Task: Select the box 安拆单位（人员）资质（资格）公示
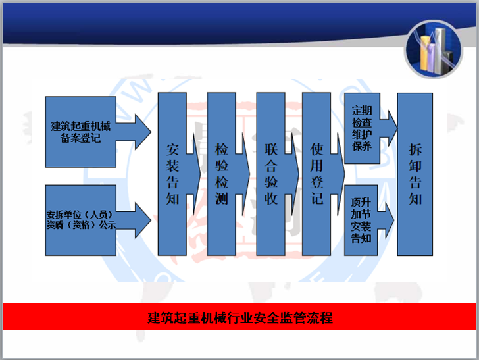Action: pyautogui.click(x=80, y=220)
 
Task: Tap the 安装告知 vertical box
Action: pyautogui.click(x=172, y=174)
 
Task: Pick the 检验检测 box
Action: pyautogui.click(x=221, y=174)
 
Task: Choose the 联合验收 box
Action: pyautogui.click(x=270, y=174)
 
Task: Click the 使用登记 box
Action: pyautogui.click(x=316, y=174)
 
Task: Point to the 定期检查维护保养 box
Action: pyautogui.click(x=361, y=128)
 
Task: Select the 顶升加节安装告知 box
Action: pyautogui.click(x=361, y=220)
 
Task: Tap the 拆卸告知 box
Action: pyautogui.click(x=415, y=174)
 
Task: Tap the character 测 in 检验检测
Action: pyautogui.click(x=221, y=199)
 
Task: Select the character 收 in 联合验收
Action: pyautogui.click(x=270, y=199)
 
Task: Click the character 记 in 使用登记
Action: pyautogui.click(x=316, y=199)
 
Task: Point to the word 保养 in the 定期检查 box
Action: pyautogui.click(x=361, y=145)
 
